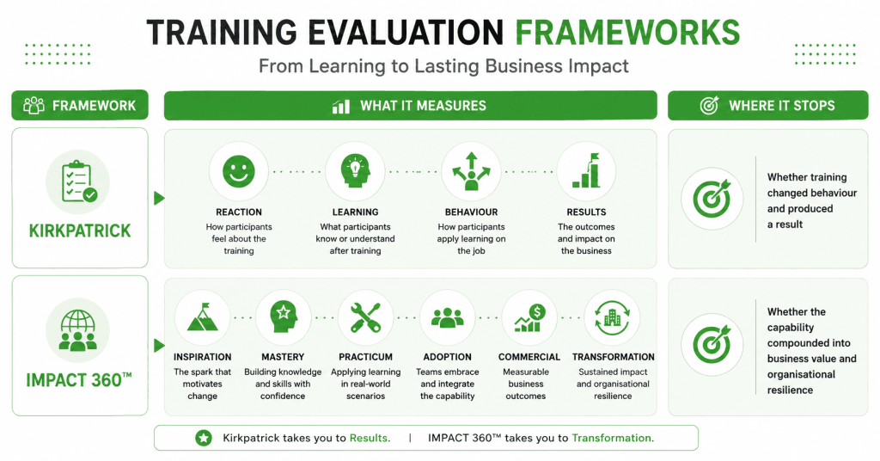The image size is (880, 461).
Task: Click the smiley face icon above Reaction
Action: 239,171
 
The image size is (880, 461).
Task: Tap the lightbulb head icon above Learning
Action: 355,171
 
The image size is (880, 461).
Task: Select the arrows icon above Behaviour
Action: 471,171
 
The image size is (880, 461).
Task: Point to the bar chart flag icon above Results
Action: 586,170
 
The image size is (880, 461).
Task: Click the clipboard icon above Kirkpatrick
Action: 79,181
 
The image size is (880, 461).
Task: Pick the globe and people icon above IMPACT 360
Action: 78,330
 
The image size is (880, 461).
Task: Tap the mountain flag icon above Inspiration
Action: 202,317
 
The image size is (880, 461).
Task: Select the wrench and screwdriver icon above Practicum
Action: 365,318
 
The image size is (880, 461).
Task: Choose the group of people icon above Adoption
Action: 447,318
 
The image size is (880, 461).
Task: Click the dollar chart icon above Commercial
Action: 529,318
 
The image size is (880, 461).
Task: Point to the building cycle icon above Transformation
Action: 612,318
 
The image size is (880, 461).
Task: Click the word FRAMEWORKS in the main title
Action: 627,32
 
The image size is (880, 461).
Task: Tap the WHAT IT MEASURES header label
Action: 423,106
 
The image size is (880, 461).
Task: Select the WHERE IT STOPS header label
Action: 782,106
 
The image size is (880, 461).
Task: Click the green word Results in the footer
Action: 369,438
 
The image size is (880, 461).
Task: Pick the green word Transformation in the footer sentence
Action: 612,438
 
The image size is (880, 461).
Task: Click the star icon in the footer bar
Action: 204,438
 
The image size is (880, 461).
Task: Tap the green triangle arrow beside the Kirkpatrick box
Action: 159,198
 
